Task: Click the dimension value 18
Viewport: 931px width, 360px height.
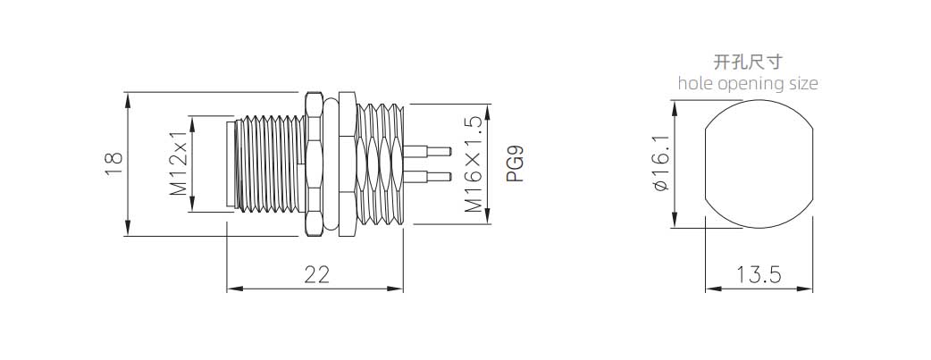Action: coord(114,164)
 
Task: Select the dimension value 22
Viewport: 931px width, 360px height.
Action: coord(316,274)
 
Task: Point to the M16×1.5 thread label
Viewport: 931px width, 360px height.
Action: coord(474,164)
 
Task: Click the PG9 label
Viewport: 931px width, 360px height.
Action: coord(516,164)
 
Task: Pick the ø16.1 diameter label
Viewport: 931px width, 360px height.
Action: coord(660,163)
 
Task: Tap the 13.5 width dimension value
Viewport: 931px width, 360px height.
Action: coord(759,274)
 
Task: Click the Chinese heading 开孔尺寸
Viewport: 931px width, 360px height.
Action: coord(748,61)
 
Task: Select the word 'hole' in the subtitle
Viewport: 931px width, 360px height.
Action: coord(696,83)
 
